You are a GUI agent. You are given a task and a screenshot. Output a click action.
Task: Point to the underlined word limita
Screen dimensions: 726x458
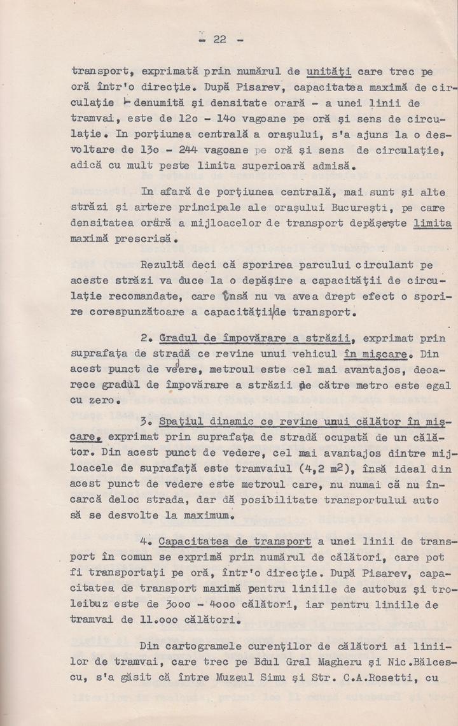pos(432,223)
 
